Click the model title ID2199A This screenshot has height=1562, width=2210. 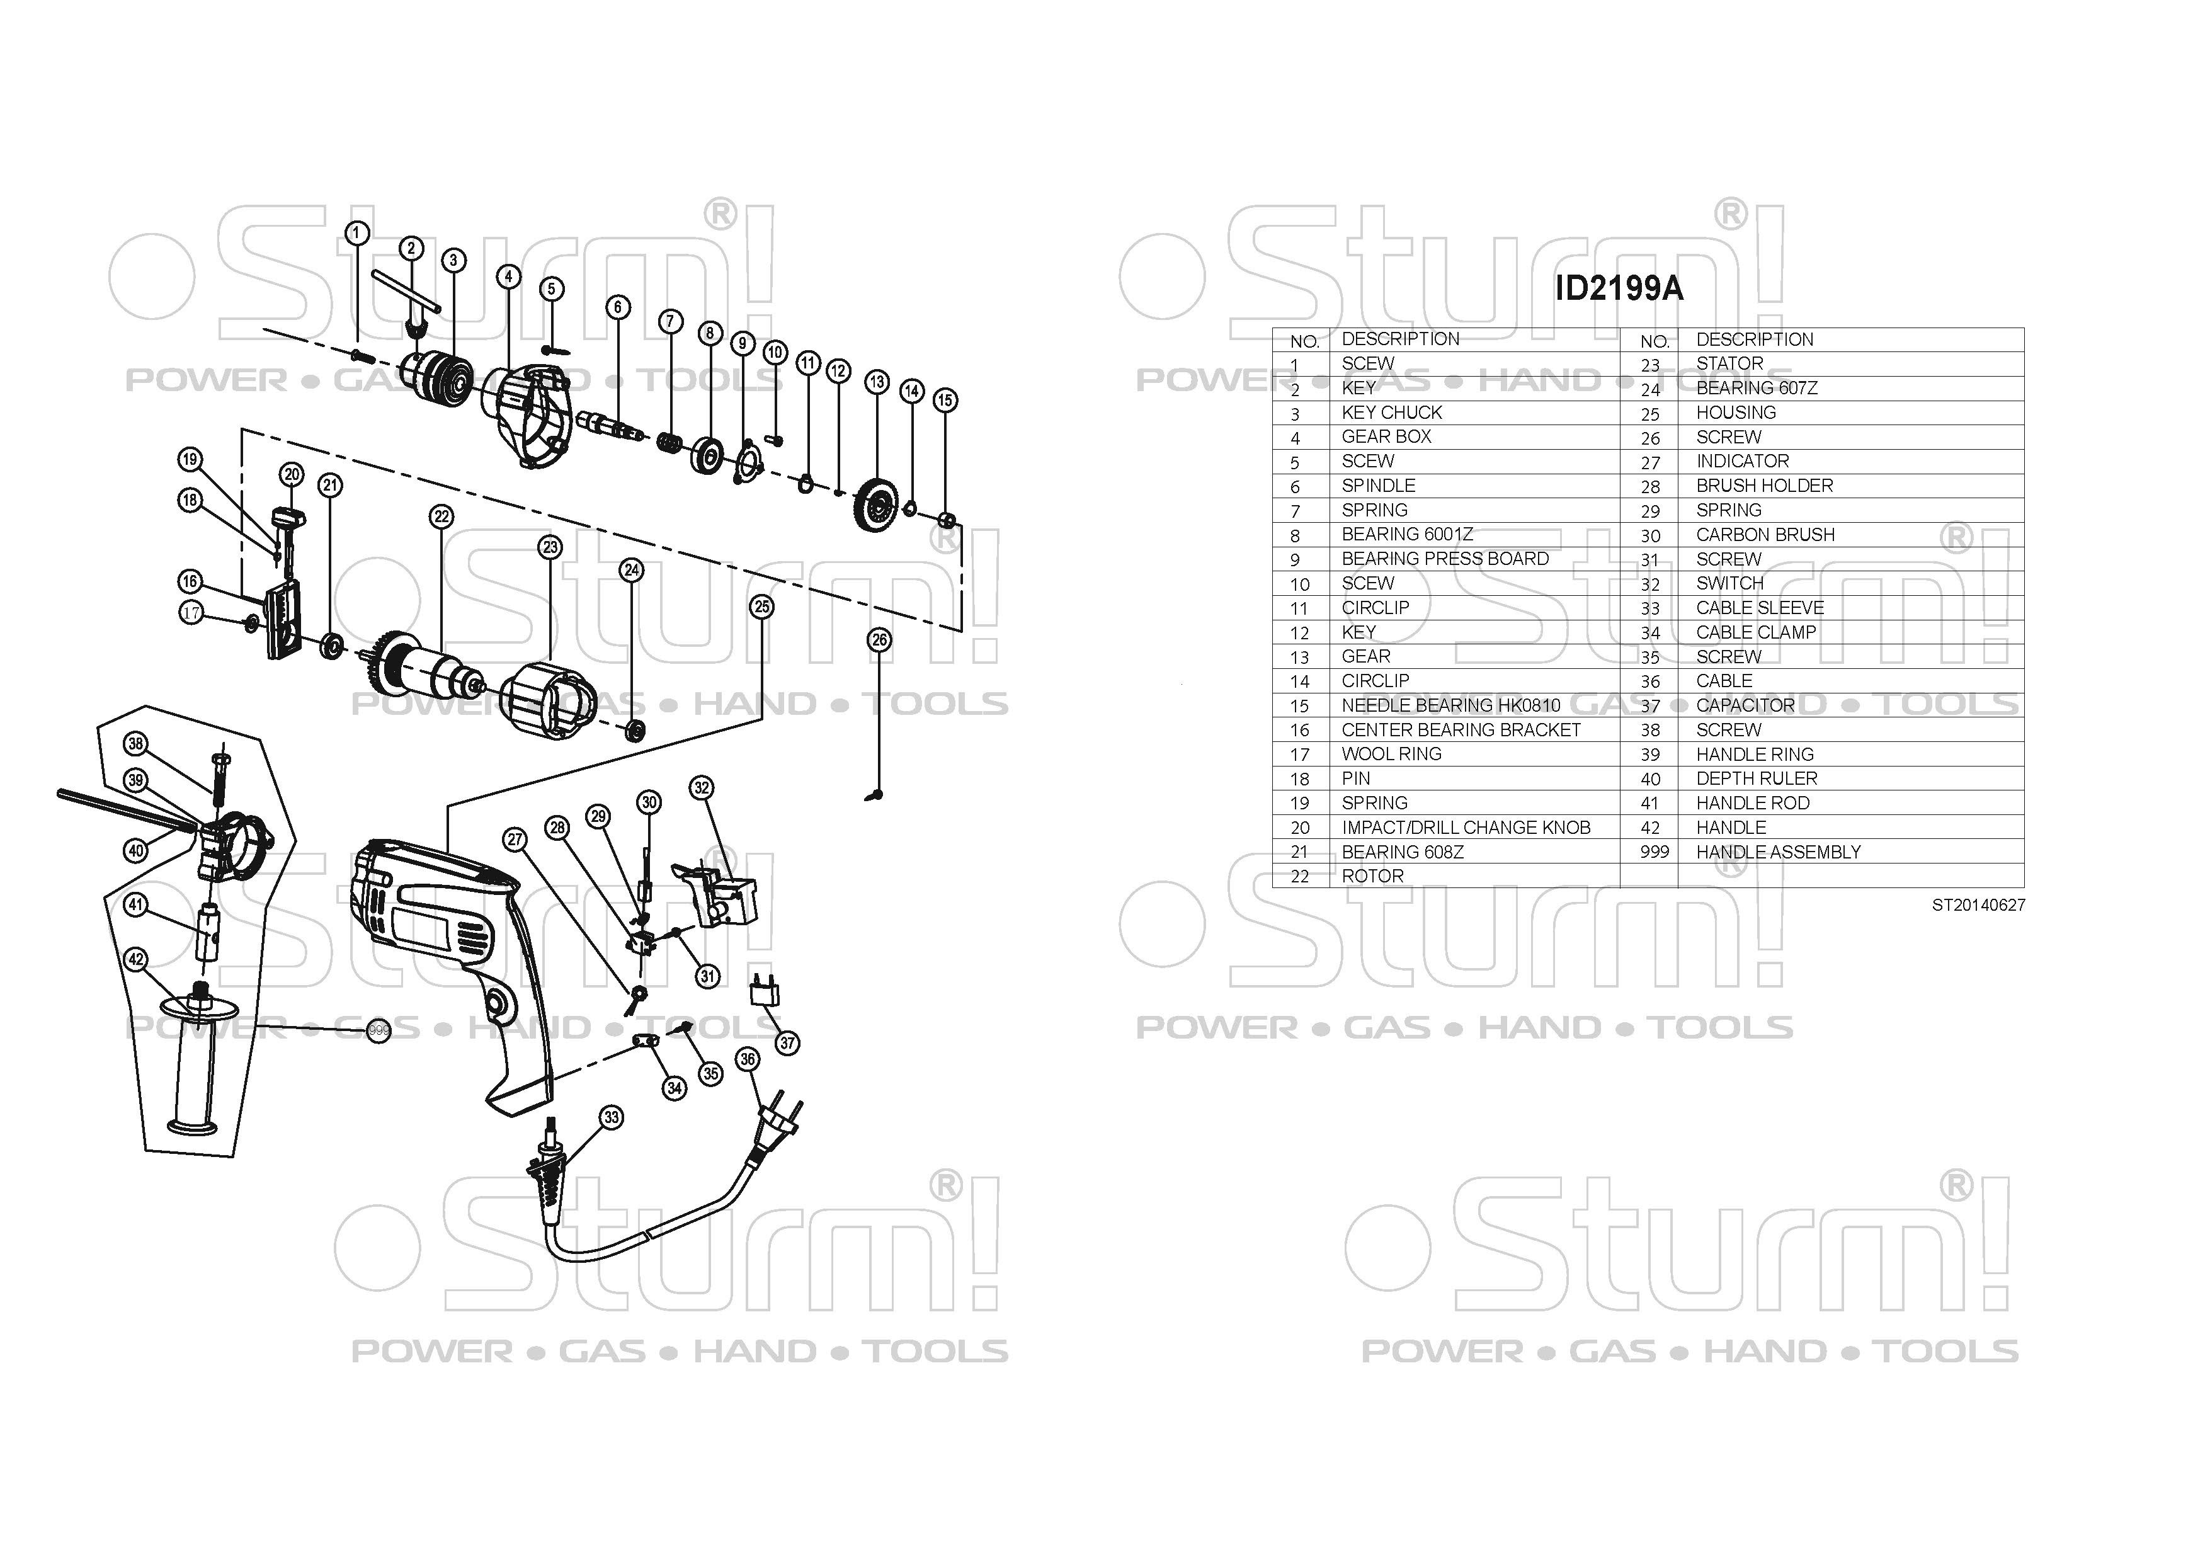[1619, 288]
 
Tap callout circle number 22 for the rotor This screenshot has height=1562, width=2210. [441, 517]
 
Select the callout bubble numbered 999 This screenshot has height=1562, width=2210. [379, 1031]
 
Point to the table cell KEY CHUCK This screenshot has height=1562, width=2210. [1392, 412]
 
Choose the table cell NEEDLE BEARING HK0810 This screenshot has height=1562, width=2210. [1450, 705]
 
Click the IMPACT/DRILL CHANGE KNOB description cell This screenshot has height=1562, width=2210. [1466, 828]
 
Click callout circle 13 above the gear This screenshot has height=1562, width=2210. [876, 382]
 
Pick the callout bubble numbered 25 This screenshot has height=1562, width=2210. [762, 607]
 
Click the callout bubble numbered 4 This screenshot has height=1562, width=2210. [508, 277]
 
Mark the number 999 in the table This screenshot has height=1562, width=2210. [1654, 852]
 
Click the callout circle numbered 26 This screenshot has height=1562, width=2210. [880, 640]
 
